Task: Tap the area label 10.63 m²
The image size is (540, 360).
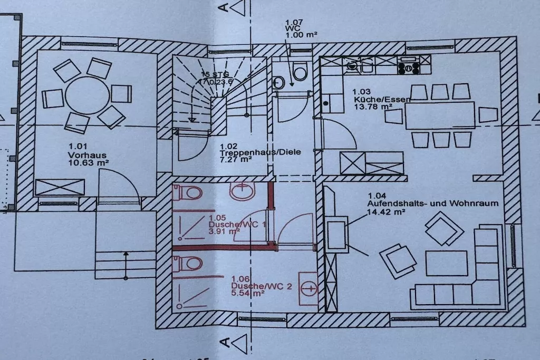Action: point(88,163)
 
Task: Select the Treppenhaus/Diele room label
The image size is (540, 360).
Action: point(260,152)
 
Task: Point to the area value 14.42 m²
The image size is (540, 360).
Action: point(386,212)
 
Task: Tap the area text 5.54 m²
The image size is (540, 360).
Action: point(247,294)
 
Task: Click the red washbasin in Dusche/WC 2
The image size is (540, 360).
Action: point(308,289)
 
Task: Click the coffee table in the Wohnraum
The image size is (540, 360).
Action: point(446,263)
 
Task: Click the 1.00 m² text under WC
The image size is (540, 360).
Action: point(301,35)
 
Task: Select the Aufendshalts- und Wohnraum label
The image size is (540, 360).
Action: point(432,203)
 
